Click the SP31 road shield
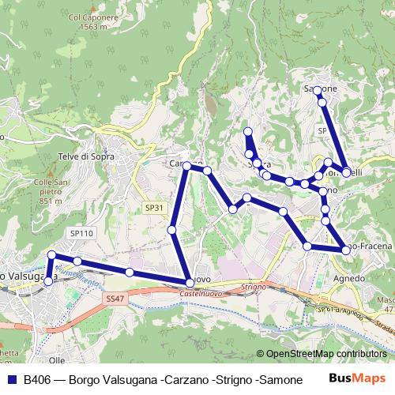point(155,207)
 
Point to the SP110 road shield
point(81,234)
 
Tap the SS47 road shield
point(115,299)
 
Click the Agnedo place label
point(349,279)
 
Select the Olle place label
point(56,359)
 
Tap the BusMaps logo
point(360,379)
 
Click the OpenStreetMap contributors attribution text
point(326,354)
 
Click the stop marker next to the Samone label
point(318,91)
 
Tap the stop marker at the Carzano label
point(187,166)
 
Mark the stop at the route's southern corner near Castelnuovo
point(190,283)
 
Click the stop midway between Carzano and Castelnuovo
point(172,229)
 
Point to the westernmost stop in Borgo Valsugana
point(48,280)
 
